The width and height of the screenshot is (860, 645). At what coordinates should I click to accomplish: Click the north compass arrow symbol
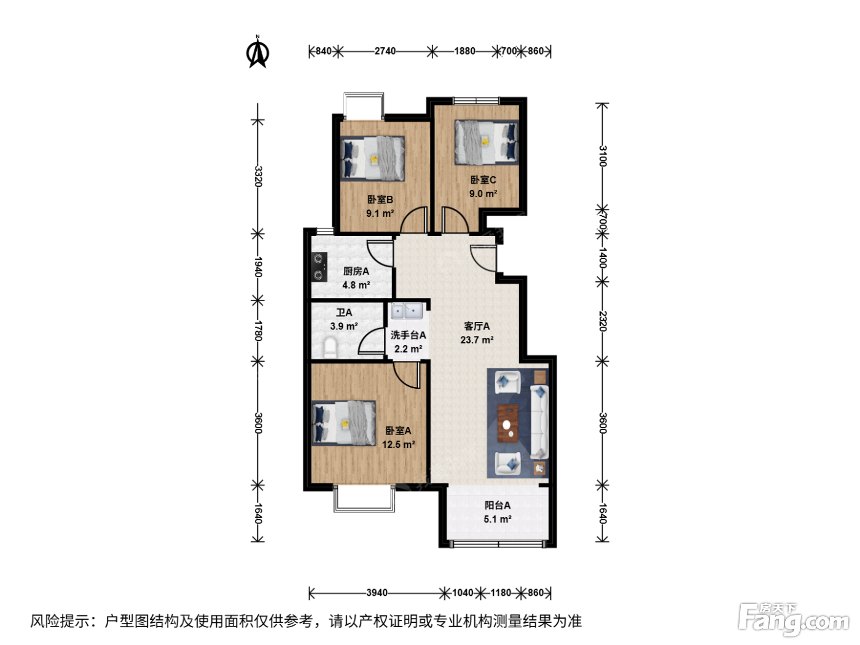tap(257, 52)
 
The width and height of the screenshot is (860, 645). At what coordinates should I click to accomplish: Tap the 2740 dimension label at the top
tap(385, 52)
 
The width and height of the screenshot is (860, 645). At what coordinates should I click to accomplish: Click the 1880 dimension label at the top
tap(464, 52)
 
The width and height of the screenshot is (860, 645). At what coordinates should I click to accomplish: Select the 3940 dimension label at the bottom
tap(377, 593)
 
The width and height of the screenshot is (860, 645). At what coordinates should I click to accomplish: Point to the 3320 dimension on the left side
tap(258, 176)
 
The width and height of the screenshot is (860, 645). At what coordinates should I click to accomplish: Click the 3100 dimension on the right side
tap(603, 156)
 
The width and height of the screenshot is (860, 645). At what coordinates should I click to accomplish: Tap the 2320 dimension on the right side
tap(603, 321)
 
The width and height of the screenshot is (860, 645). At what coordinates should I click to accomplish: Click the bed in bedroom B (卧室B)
tap(372, 158)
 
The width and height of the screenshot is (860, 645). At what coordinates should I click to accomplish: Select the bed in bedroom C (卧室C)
tap(487, 142)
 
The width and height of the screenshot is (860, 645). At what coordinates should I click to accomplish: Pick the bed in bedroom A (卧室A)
tap(343, 423)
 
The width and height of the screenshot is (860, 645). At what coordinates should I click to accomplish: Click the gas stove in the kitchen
tap(319, 267)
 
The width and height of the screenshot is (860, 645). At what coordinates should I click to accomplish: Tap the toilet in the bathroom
tap(330, 348)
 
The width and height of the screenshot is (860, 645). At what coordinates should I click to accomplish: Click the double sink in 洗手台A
tap(407, 311)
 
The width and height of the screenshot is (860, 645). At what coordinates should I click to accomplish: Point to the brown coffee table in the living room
tap(508, 423)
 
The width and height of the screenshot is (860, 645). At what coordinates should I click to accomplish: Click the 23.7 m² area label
tap(477, 340)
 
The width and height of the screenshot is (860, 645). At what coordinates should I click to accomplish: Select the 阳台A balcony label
tap(498, 505)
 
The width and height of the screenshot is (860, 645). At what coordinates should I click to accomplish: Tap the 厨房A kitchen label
tap(356, 271)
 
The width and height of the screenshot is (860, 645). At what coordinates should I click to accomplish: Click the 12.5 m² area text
tap(399, 445)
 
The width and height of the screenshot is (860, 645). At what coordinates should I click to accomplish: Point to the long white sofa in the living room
tap(539, 422)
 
